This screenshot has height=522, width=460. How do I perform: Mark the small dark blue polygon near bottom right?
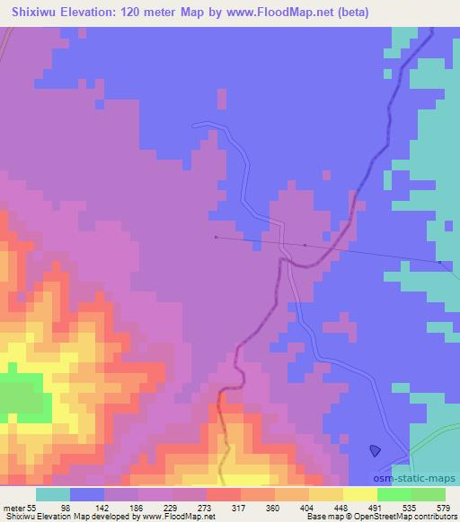click(375, 451)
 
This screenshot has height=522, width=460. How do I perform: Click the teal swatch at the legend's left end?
click(53, 494)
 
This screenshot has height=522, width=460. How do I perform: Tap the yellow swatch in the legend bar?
click(359, 494)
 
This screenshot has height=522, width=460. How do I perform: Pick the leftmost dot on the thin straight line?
click(216, 237)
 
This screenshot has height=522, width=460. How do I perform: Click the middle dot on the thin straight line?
click(305, 244)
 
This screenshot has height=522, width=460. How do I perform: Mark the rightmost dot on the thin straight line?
click(439, 263)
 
